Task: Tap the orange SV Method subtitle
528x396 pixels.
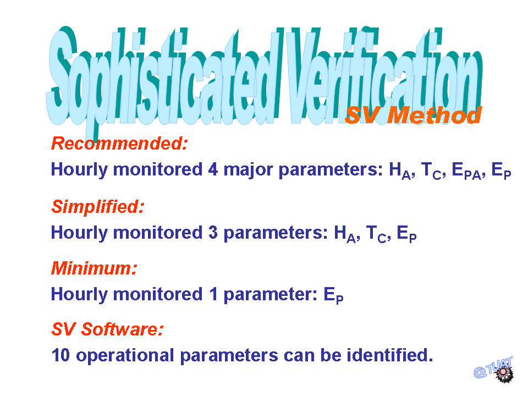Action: [414, 115]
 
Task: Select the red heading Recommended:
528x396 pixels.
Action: [119, 144]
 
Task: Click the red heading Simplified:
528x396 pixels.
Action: [98, 207]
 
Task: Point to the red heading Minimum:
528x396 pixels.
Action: [94, 268]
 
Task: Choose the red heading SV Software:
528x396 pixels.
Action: [107, 329]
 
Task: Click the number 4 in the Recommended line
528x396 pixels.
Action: [213, 169]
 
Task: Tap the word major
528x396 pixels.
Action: [248, 170]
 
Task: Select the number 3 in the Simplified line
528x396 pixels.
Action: [213, 233]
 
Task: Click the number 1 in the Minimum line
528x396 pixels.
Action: [213, 294]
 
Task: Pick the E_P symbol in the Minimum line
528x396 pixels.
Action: [333, 296]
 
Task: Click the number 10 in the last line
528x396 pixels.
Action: [61, 355]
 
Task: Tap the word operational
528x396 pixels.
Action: [125, 356]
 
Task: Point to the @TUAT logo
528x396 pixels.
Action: [493, 370]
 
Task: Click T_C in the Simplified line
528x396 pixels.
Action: [376, 234]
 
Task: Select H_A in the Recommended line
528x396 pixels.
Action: [400, 170]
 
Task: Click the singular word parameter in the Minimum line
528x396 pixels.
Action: [270, 295]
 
